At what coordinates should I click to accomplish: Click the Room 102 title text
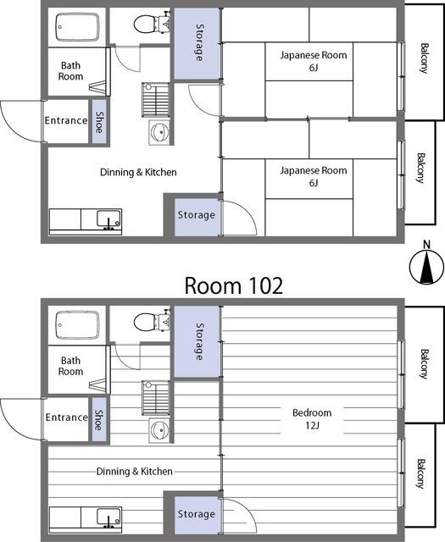click(x=234, y=286)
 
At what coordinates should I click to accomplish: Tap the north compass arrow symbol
click(x=426, y=267)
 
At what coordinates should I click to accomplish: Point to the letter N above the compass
click(x=427, y=245)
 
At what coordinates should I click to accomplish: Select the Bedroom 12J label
click(x=312, y=418)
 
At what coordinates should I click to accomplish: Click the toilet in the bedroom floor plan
click(x=152, y=322)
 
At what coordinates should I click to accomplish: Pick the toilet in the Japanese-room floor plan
click(x=152, y=23)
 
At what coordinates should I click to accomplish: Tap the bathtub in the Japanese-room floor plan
click(x=77, y=27)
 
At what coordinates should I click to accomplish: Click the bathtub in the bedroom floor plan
click(x=77, y=325)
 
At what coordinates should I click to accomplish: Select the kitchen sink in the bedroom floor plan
click(x=108, y=517)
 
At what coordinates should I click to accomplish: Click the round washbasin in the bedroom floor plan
click(x=159, y=430)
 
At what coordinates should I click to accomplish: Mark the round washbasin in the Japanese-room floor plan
click(x=159, y=132)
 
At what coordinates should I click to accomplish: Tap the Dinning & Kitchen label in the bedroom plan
click(x=134, y=472)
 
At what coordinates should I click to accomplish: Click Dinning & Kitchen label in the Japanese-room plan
click(x=138, y=172)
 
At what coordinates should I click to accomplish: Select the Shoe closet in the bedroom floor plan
click(x=100, y=420)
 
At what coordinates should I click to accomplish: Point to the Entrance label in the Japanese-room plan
click(x=66, y=120)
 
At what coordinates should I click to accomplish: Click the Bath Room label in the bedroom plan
click(x=70, y=366)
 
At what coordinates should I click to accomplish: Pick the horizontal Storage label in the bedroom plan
click(x=196, y=514)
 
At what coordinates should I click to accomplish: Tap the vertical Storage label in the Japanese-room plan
click(x=200, y=42)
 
